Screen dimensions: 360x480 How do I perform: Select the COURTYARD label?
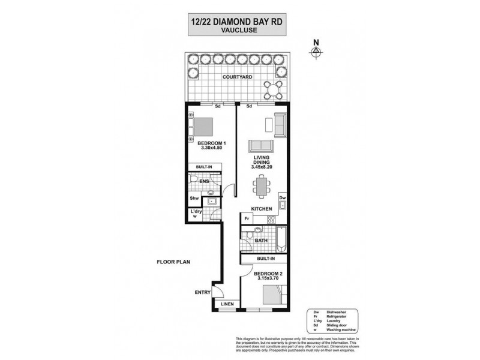click(x=237, y=77)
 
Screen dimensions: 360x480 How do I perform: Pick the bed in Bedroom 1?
click(x=202, y=126)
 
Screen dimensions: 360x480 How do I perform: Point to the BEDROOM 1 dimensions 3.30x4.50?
click(x=211, y=148)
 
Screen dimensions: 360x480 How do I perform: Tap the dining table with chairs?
click(x=262, y=183)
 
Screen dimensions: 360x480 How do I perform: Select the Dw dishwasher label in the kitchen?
click(x=281, y=197)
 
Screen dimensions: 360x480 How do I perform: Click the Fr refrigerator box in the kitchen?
click(x=247, y=218)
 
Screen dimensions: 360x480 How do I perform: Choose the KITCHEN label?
click(x=262, y=209)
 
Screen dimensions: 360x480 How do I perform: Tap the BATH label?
click(x=260, y=241)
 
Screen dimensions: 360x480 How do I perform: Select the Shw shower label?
click(x=194, y=199)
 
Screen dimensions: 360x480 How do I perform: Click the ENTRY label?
click(x=202, y=293)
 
